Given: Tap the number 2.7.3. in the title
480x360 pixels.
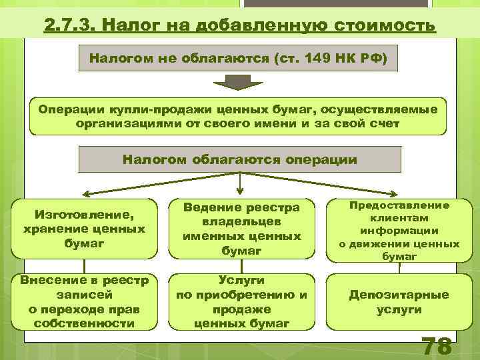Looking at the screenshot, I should (72, 25).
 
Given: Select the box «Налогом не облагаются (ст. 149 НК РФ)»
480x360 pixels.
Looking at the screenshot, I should (238, 59).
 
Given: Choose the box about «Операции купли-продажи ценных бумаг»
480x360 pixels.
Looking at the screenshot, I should (238, 116).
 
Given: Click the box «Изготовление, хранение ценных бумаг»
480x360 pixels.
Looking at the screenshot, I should (84, 229).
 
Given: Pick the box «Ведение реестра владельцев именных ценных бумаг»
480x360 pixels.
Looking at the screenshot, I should (242, 229).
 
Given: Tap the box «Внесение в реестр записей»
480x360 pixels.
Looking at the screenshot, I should (84, 302).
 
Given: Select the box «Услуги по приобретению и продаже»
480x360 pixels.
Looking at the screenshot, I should (242, 302).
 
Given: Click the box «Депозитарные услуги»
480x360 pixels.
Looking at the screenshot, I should (399, 302).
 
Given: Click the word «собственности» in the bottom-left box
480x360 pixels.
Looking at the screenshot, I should (84, 323).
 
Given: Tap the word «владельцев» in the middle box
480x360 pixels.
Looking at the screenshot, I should (242, 221).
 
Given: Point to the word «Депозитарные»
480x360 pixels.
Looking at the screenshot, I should (399, 295).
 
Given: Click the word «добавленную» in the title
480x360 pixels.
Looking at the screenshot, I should (253, 25).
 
